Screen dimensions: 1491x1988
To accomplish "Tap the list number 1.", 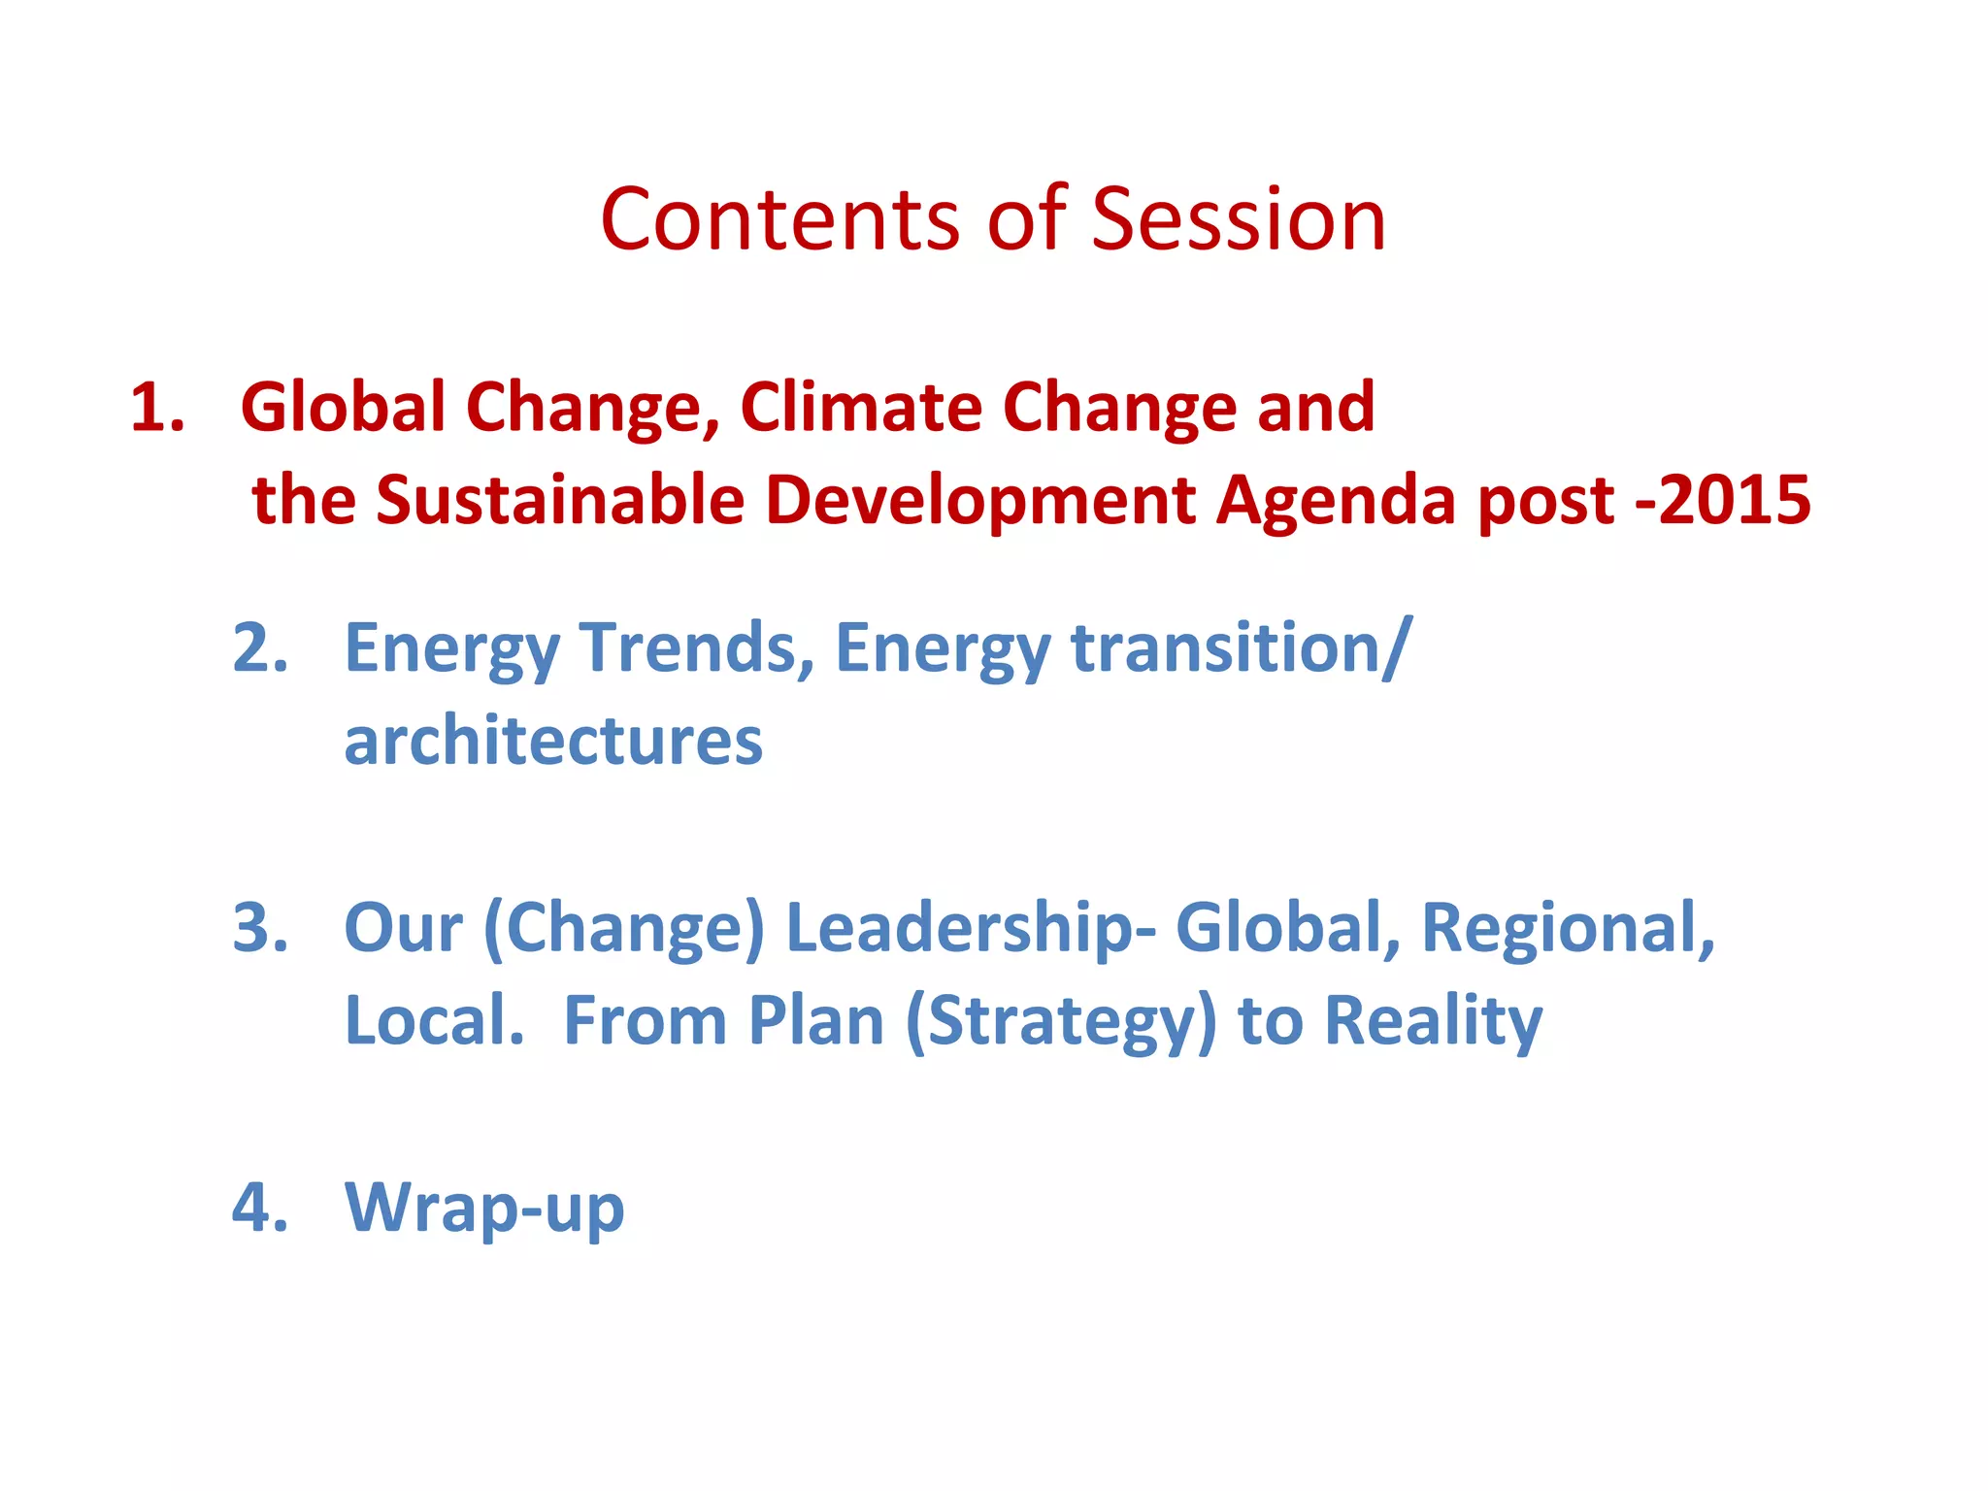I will [156, 407].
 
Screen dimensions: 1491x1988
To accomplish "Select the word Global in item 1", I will [343, 407].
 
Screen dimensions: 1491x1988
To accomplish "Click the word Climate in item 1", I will [860, 407].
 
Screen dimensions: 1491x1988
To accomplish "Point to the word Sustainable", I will [560, 501].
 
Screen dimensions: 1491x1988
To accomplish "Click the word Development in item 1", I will [980, 501].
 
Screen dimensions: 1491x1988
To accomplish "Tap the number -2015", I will [1723, 501].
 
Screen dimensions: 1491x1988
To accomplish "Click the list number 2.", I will [260, 647].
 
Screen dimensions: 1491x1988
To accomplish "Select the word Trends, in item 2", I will [696, 647].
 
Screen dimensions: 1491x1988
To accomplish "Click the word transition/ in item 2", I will [1241, 647].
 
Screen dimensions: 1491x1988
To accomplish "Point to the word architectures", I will [553, 742].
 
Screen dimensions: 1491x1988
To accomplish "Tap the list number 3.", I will [260, 928].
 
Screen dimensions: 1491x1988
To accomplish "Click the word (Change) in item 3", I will [624, 928].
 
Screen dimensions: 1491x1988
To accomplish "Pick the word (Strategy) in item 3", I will [1060, 1022].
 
